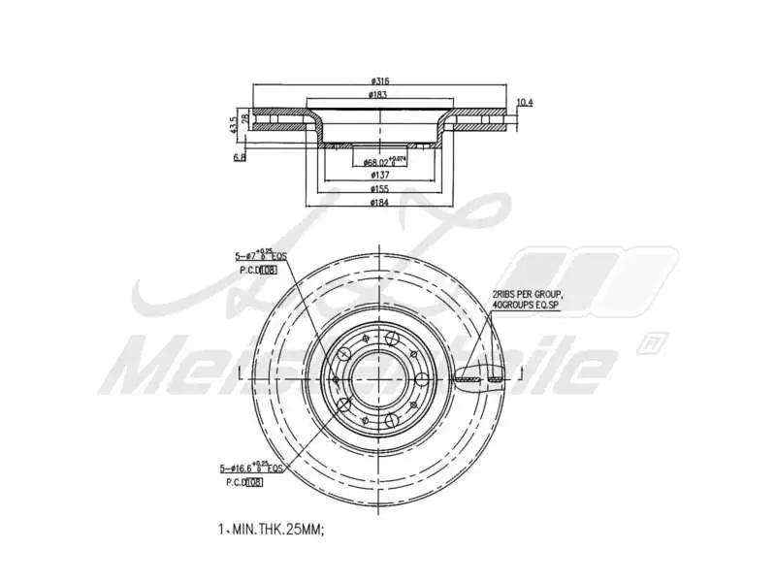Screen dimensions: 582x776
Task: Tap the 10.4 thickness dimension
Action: pos(524,103)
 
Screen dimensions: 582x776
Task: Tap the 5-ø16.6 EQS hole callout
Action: pos(254,468)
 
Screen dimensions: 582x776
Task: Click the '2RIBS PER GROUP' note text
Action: pos(527,294)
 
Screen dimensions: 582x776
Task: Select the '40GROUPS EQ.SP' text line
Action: pos(527,305)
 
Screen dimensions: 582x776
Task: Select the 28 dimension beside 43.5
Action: pos(246,118)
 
